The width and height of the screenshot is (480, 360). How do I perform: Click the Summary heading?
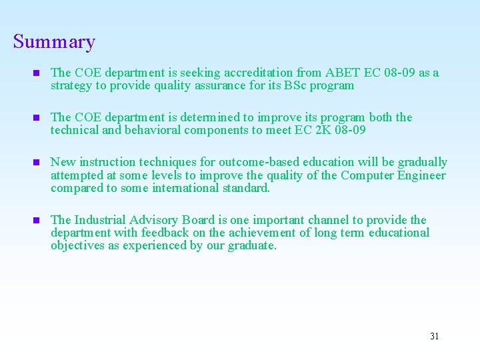pyautogui.click(x=54, y=42)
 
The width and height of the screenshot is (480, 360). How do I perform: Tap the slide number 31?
pyautogui.click(x=435, y=336)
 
